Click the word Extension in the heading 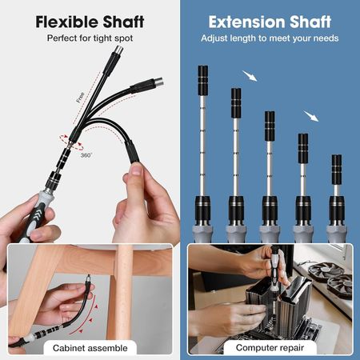[246, 22]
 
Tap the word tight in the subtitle [102, 38]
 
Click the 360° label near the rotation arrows [86, 154]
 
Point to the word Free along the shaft [80, 98]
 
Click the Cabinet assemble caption [90, 348]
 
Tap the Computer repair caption [270, 347]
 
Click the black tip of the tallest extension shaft [203, 81]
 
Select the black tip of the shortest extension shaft [337, 170]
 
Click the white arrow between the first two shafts [250, 76]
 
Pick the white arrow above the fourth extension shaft [310, 116]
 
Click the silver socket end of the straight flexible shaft [118, 50]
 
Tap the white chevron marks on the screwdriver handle [37, 214]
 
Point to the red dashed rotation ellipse [71, 142]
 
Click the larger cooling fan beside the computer [322, 270]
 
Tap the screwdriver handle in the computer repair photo [274, 270]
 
